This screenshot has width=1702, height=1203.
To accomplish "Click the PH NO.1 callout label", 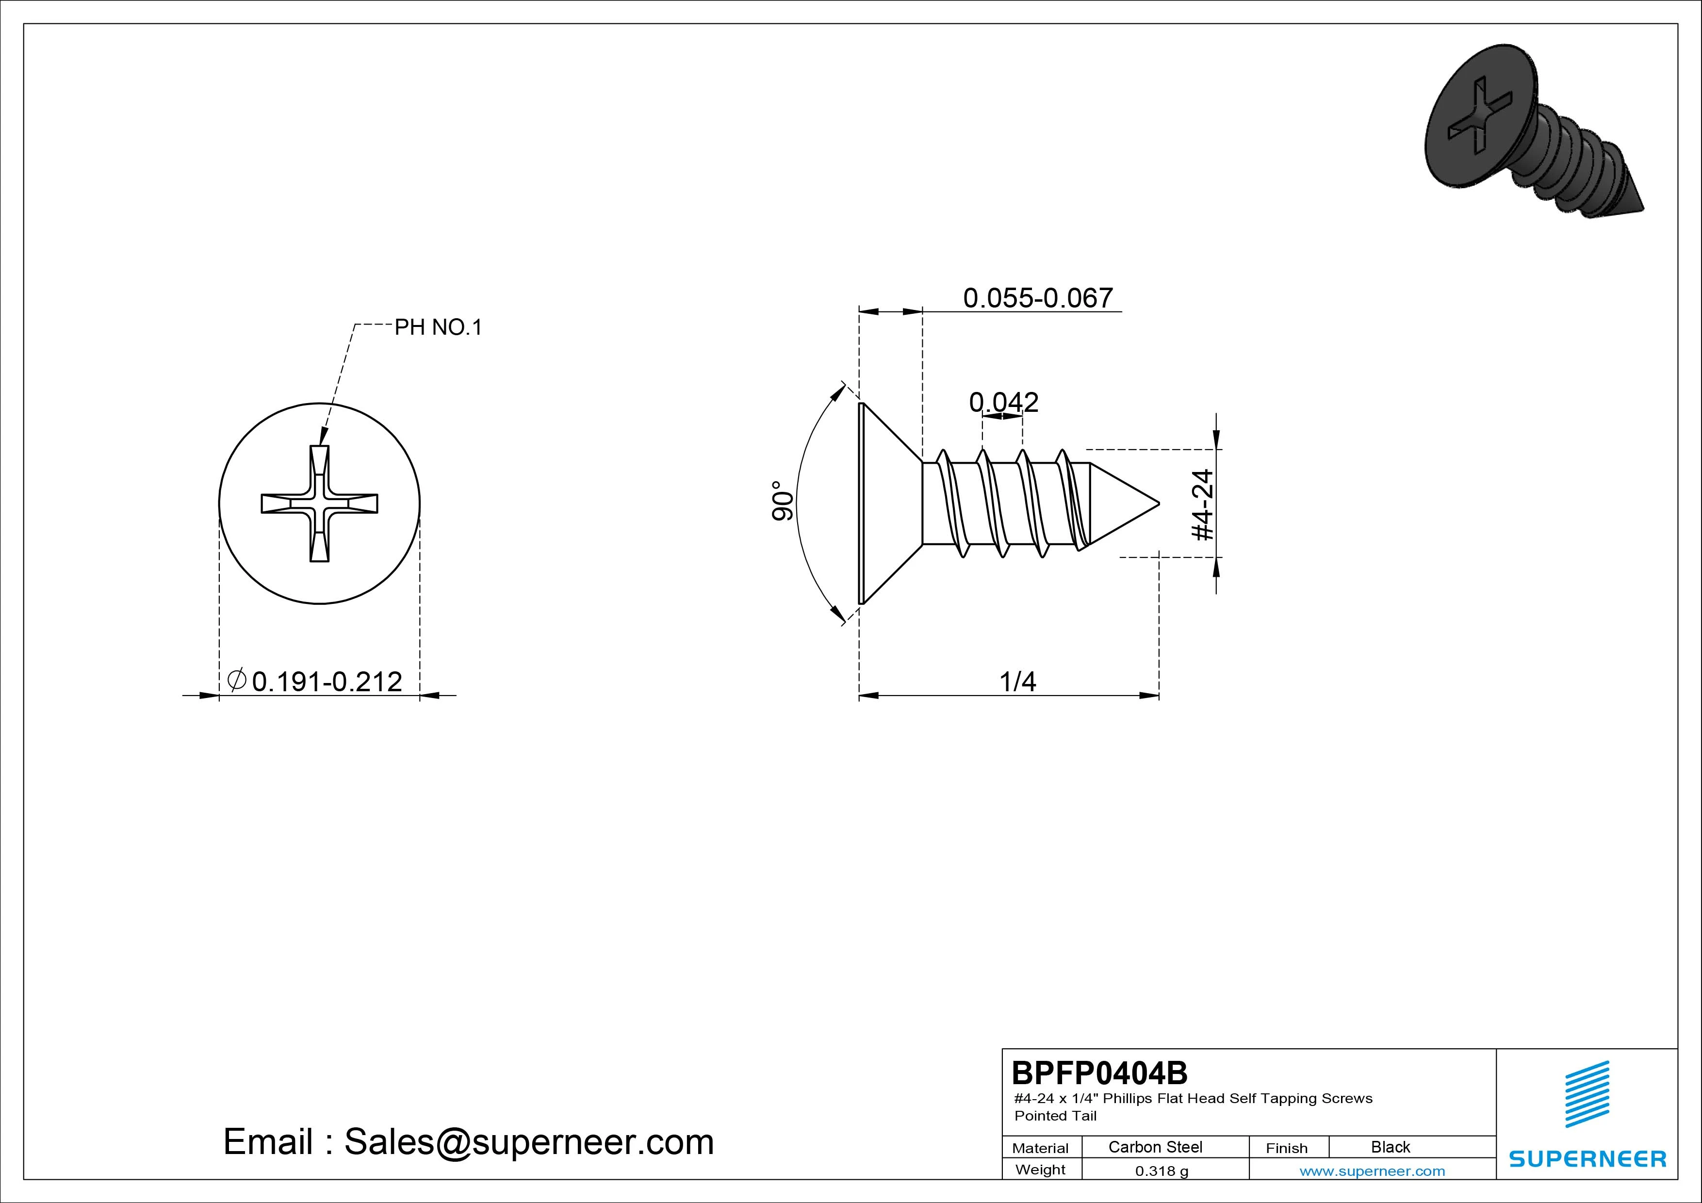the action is pyautogui.click(x=438, y=327).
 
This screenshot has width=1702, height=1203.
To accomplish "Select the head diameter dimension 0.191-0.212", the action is pyautogui.click(x=327, y=681).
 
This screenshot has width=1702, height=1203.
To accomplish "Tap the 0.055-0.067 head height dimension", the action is pyautogui.click(x=1038, y=298).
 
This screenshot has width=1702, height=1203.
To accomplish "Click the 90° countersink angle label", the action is pyautogui.click(x=783, y=501).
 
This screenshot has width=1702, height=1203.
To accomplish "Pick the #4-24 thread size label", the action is pyautogui.click(x=1202, y=505).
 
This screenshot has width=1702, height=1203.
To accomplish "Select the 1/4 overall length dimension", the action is pyautogui.click(x=1018, y=681).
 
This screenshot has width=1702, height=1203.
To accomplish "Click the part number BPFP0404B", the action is pyautogui.click(x=1099, y=1073).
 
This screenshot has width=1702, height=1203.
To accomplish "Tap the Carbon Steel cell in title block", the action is pyautogui.click(x=1155, y=1147).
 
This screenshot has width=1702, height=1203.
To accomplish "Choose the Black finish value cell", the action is pyautogui.click(x=1391, y=1147).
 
